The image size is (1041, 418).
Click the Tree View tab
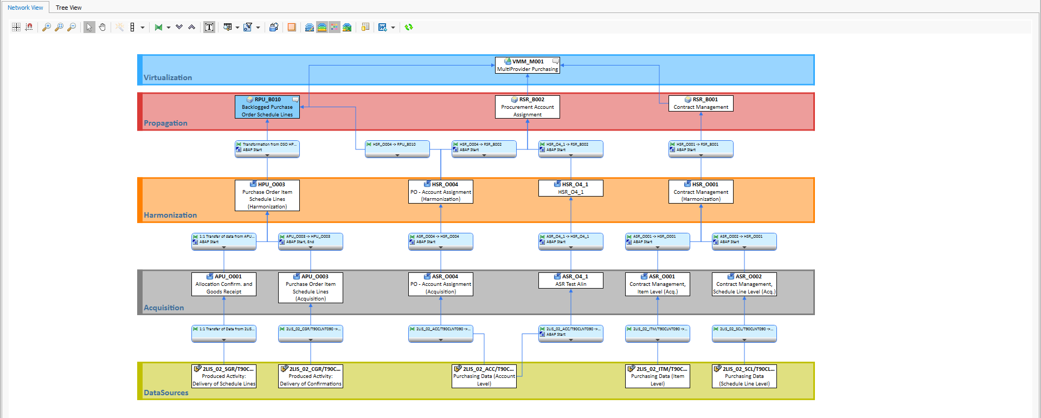pos(68,8)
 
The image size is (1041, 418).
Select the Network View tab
pos(25,8)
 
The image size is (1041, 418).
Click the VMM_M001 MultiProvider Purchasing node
pos(527,66)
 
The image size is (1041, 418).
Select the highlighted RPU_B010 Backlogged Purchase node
pos(267,107)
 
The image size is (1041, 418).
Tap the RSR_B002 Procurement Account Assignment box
pos(527,107)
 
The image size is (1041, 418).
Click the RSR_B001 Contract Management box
pos(701,103)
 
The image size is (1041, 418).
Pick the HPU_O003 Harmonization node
pos(267,195)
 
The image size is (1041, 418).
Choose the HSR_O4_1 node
pos(570,188)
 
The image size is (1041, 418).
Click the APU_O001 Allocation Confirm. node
pos(223,284)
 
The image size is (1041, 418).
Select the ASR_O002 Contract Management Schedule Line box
pos(744,284)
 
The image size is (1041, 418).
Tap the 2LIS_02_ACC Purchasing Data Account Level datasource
pos(484,376)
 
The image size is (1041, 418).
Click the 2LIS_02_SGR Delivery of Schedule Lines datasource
pos(223,376)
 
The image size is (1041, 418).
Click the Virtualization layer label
pos(168,78)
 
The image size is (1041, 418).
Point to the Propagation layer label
pos(165,123)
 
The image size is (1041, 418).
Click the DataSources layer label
pos(166,393)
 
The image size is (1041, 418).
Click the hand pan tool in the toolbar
pos(102,27)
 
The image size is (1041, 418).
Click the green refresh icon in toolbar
pos(409,27)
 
